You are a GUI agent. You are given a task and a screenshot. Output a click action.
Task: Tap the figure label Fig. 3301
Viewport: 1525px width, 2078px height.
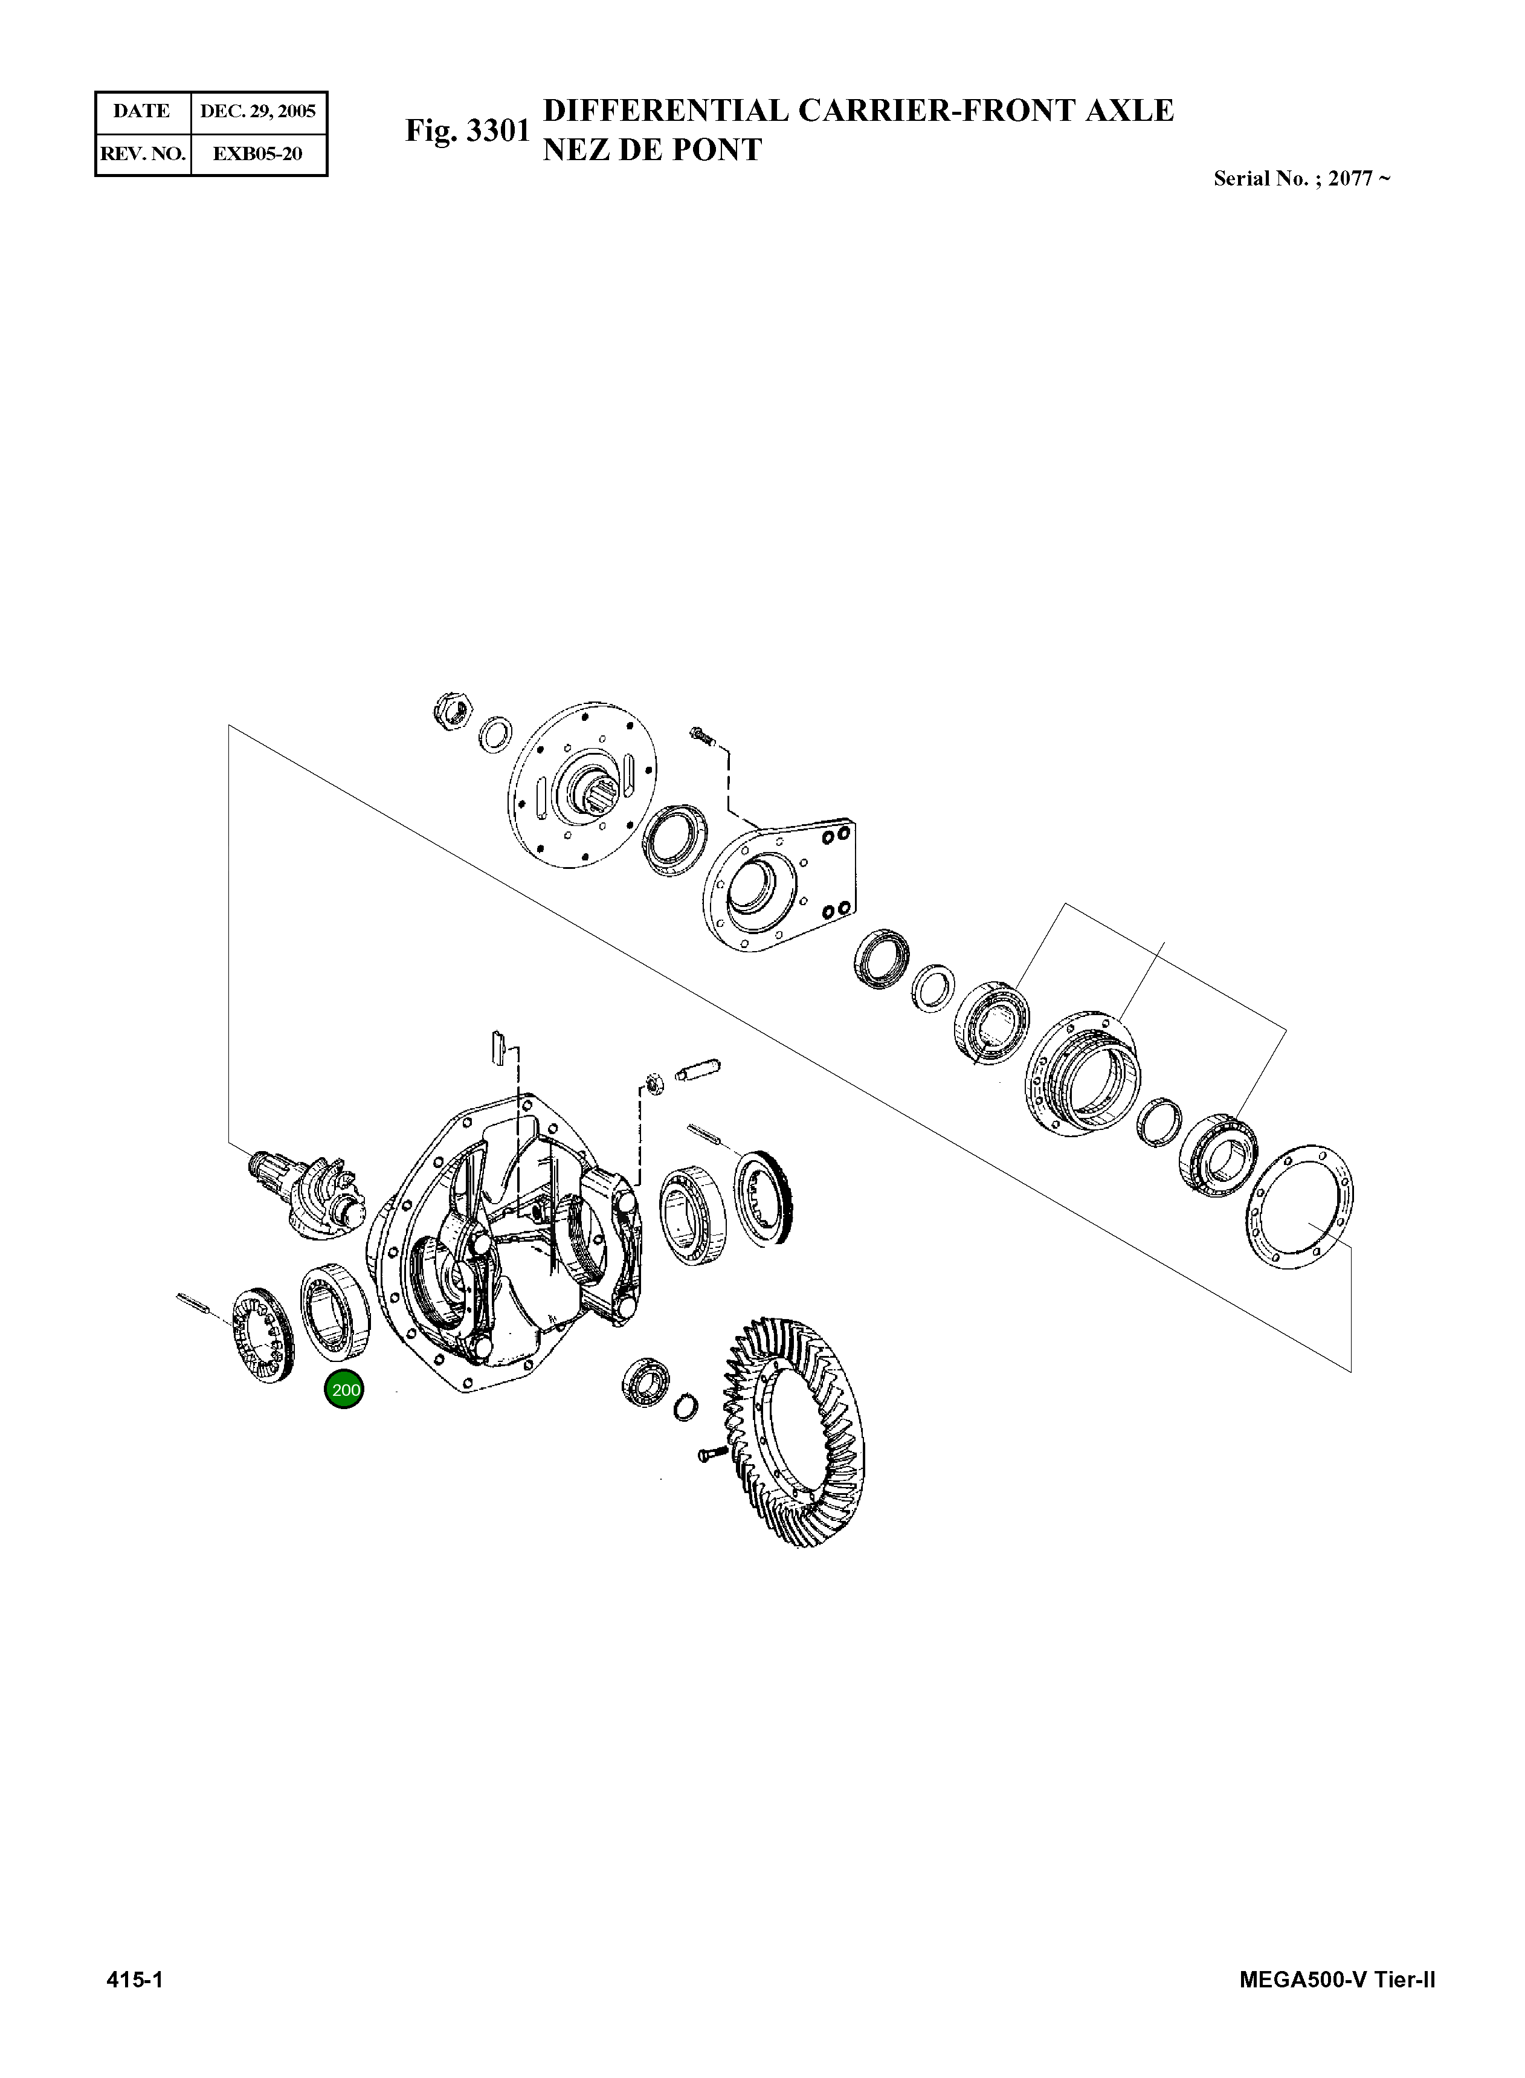click(x=467, y=131)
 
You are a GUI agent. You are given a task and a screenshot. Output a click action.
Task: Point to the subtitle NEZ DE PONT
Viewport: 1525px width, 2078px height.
click(x=652, y=149)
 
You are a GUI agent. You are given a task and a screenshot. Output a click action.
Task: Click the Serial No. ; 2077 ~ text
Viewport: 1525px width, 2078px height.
click(x=1301, y=179)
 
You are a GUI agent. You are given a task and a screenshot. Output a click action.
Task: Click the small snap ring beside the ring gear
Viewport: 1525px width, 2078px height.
click(x=684, y=1407)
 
